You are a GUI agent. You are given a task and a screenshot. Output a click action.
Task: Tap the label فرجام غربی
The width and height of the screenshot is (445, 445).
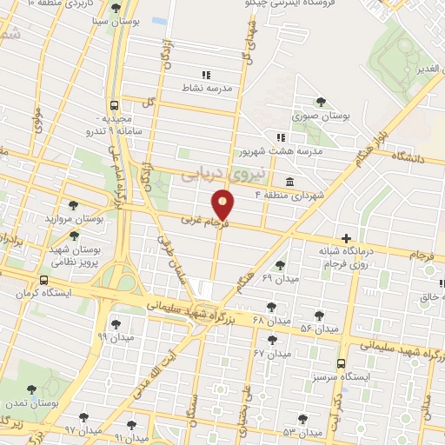coord(204,222)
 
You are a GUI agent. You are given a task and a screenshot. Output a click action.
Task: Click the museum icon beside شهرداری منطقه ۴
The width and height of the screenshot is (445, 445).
coord(289,183)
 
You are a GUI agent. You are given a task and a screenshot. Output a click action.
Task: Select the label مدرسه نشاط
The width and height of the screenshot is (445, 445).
coord(205,89)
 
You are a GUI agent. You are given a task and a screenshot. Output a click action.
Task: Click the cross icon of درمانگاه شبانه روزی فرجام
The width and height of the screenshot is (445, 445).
coord(347,238)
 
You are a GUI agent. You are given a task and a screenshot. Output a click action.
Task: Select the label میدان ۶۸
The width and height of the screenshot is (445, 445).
coord(270,321)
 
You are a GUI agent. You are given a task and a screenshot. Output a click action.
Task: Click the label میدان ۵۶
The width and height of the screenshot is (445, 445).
coord(319,329)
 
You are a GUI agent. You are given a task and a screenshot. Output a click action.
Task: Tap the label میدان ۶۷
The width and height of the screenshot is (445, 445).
coord(271,353)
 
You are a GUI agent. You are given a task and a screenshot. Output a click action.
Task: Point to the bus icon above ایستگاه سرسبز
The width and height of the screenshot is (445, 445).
coord(341,364)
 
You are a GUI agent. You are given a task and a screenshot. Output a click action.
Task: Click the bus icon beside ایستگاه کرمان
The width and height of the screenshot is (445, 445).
coord(43,280)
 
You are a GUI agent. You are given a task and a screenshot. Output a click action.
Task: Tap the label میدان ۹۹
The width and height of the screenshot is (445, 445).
coord(113,335)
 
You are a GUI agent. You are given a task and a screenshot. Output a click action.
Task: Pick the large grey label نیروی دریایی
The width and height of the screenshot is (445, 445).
coord(210,175)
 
